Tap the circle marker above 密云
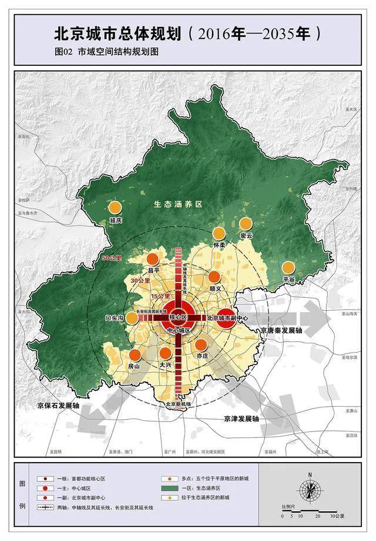pos(246,224)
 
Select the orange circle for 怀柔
pos(219,233)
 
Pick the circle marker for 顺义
pos(215,277)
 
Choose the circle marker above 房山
pos(135,354)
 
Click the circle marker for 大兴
pos(166,353)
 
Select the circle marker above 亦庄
pos(202,345)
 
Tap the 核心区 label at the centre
pos(177,317)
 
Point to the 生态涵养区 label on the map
pos(178,204)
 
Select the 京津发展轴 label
pos(241,419)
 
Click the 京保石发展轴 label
pos(58,406)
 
